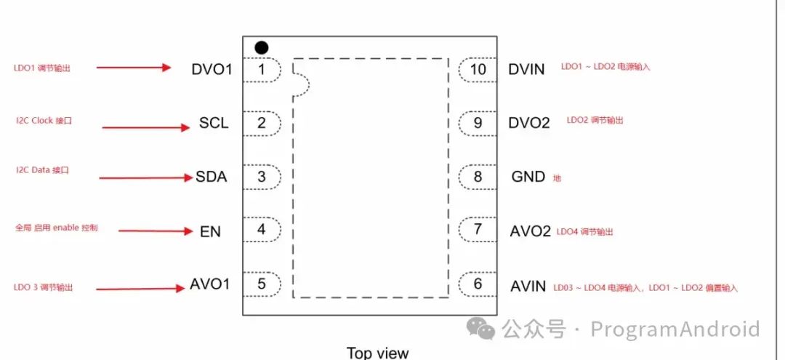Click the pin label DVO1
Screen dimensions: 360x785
pyautogui.click(x=212, y=69)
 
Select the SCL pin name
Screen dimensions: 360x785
pyautogui.click(x=214, y=124)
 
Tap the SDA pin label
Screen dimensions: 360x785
pyautogui.click(x=211, y=177)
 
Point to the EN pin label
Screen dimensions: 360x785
pyautogui.click(x=210, y=232)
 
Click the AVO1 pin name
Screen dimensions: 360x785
pyautogui.click(x=210, y=284)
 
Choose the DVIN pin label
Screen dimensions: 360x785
pyautogui.click(x=527, y=69)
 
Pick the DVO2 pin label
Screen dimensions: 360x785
pyautogui.click(x=529, y=123)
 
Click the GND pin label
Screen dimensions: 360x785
pyautogui.click(x=528, y=177)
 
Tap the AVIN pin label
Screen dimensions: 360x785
pyautogui.click(x=528, y=286)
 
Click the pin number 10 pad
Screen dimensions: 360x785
pyautogui.click(x=477, y=69)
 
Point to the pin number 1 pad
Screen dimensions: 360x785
pyautogui.click(x=262, y=69)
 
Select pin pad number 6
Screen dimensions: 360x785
pyautogui.click(x=477, y=284)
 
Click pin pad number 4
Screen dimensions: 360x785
pyautogui.click(x=262, y=231)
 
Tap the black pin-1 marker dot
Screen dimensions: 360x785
pyautogui.click(x=262, y=47)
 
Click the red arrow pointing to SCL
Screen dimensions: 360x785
pyautogui.click(x=145, y=127)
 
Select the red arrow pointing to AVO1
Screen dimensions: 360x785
pyautogui.click(x=140, y=289)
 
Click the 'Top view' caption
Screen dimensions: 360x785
pyautogui.click(x=377, y=353)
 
